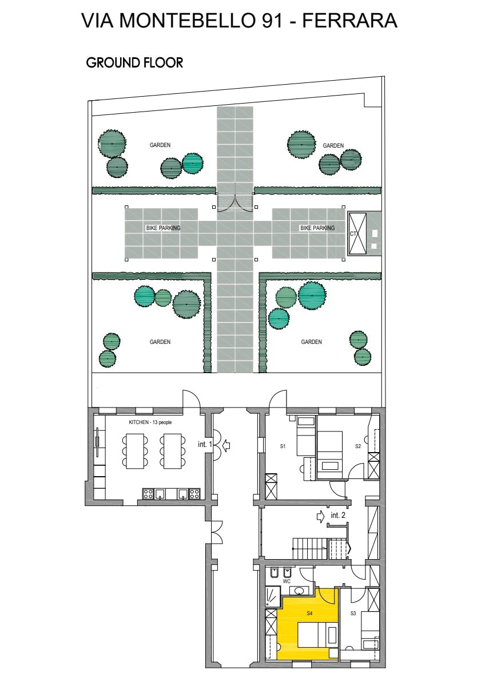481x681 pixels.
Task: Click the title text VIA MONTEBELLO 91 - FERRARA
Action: click(239, 21)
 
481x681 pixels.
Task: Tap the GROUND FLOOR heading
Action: click(134, 62)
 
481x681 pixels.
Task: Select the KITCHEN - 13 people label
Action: click(150, 422)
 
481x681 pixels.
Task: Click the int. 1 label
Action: click(205, 444)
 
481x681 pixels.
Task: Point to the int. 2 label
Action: click(338, 515)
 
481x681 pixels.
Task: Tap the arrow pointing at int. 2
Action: click(321, 516)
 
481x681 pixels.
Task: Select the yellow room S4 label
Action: click(309, 613)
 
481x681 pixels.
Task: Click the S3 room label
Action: click(353, 613)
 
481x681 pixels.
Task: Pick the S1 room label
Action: click(283, 446)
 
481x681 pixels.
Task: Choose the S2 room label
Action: click(358, 446)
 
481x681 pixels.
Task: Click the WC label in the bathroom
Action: click(287, 581)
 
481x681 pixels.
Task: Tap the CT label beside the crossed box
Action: click(353, 233)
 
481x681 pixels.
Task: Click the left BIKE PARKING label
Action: click(163, 228)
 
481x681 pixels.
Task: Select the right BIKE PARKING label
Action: click(317, 228)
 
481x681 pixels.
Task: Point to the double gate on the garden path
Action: click(235, 204)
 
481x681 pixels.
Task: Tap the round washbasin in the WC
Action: click(300, 590)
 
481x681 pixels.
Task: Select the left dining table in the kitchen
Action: click(134, 451)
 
